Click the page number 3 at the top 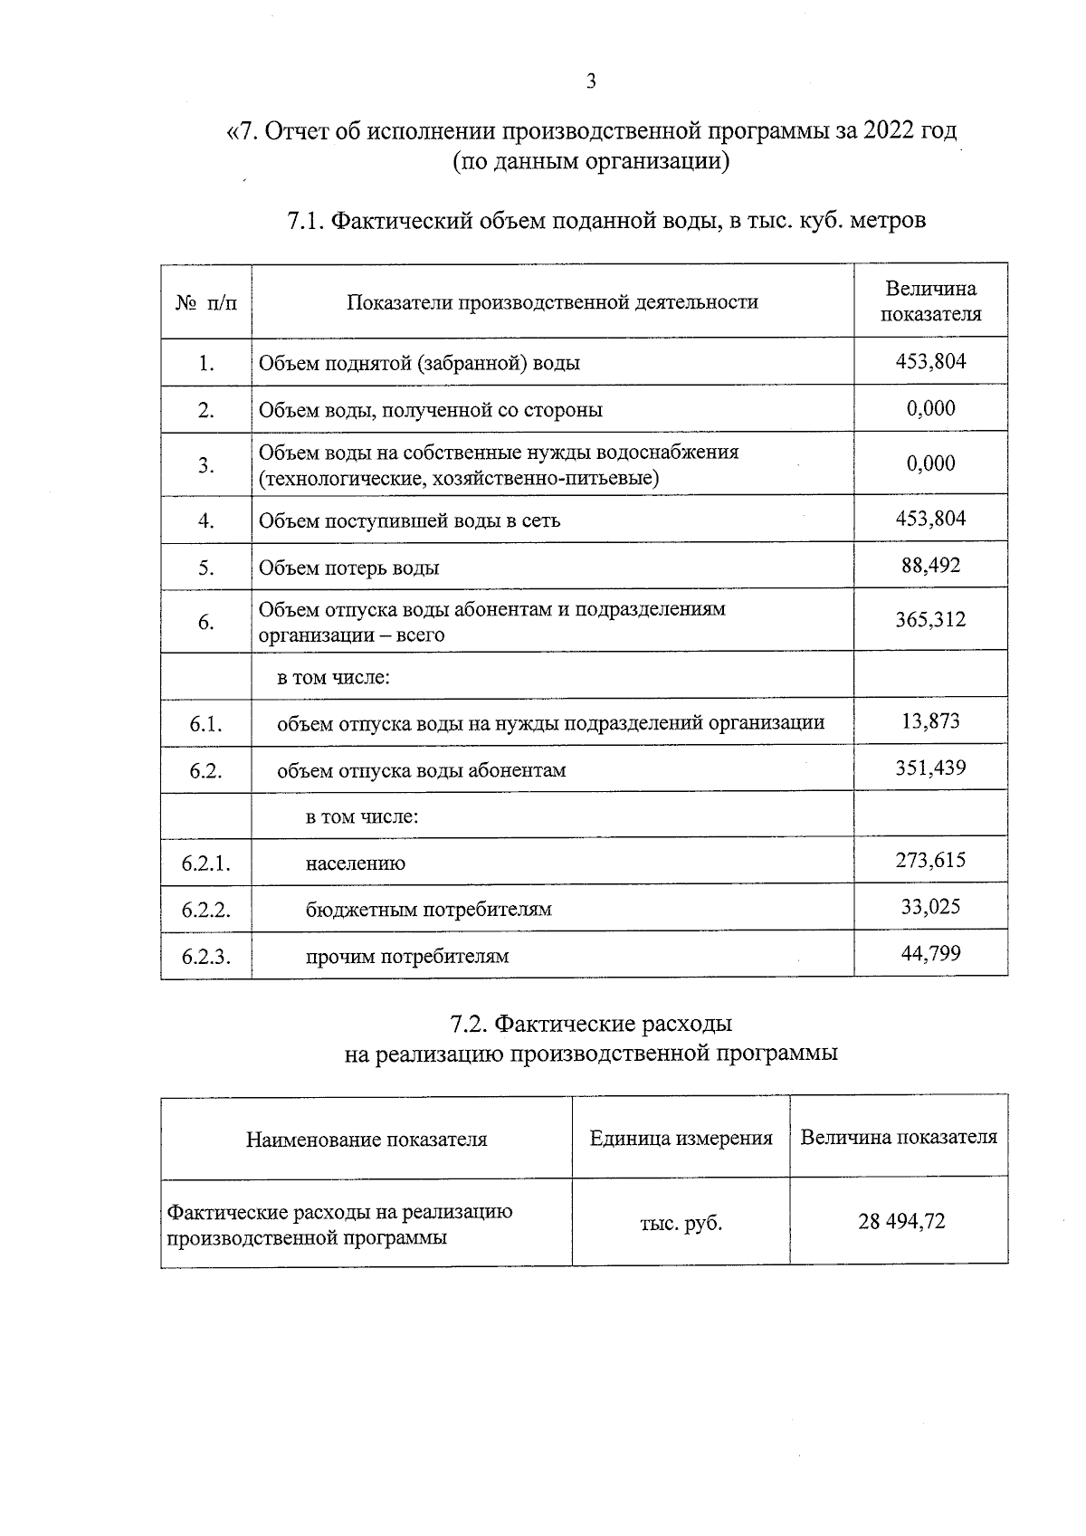tap(591, 81)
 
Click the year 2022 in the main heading tap(890, 131)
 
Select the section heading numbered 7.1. tap(605, 220)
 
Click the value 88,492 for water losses tap(930, 566)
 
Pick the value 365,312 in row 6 tap(930, 620)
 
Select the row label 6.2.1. tap(206, 863)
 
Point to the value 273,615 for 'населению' tap(930, 860)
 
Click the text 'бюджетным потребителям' tap(428, 909)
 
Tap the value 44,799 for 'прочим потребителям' tap(930, 953)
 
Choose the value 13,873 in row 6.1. tap(930, 721)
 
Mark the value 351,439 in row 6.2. tap(930, 768)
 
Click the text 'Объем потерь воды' tap(349, 568)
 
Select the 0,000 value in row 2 tap(930, 408)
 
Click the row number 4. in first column tap(206, 520)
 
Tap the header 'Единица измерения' tap(681, 1139)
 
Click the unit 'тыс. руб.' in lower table tap(681, 1223)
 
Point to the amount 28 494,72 tap(900, 1222)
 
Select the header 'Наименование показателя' tap(367, 1140)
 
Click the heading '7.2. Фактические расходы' tap(591, 1024)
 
